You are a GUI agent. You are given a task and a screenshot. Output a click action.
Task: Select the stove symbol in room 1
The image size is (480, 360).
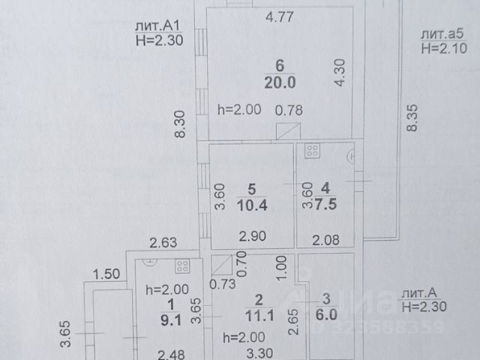coord(181,265)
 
